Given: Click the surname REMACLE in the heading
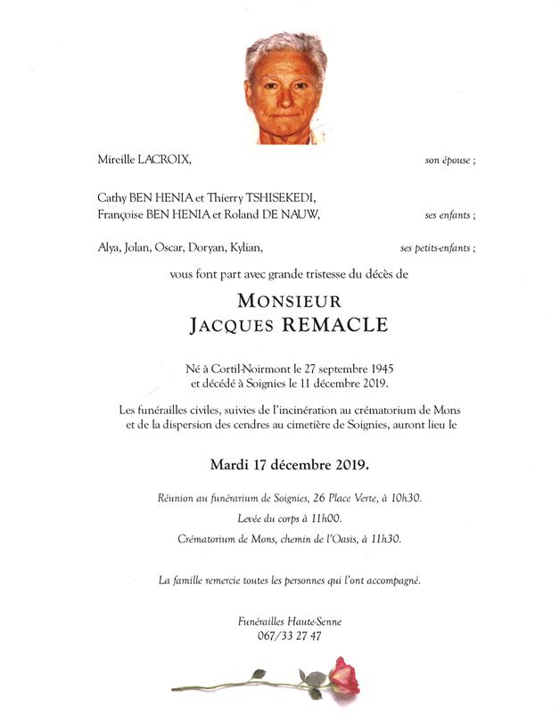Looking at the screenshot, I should (x=335, y=325).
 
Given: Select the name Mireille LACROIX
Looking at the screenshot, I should (x=144, y=161).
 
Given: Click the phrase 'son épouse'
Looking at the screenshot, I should (x=448, y=162).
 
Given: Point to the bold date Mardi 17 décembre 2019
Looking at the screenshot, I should (x=289, y=465).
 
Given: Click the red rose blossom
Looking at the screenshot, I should (x=343, y=676).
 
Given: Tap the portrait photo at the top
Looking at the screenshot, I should (x=286, y=88).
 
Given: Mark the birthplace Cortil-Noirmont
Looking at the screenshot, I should (x=256, y=368).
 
